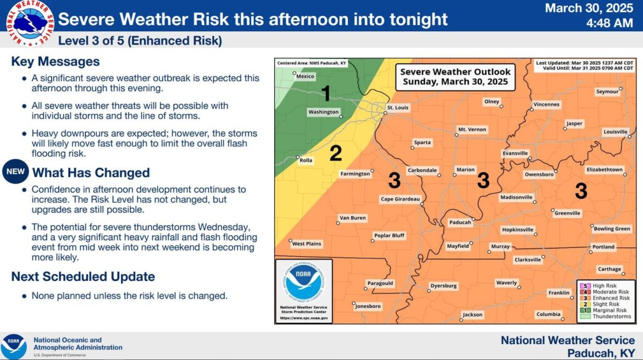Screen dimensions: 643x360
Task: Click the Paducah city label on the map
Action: (460, 222)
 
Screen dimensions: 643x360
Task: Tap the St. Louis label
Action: (398, 107)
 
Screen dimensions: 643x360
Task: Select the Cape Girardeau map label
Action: (400, 199)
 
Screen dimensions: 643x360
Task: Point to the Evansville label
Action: (515, 153)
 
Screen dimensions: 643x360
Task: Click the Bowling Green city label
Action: (612, 229)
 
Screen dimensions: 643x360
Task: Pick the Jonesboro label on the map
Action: (368, 306)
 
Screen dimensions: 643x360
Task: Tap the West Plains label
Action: (306, 243)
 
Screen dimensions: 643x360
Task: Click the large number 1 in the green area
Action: (326, 93)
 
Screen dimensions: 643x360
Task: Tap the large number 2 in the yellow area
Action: (335, 153)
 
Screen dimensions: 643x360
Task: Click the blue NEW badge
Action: (15, 171)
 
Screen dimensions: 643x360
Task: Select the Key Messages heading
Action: (56, 62)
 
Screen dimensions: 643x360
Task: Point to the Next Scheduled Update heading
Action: (83, 276)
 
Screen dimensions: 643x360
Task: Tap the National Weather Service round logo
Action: (30, 23)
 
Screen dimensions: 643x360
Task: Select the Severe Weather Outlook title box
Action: (455, 77)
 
